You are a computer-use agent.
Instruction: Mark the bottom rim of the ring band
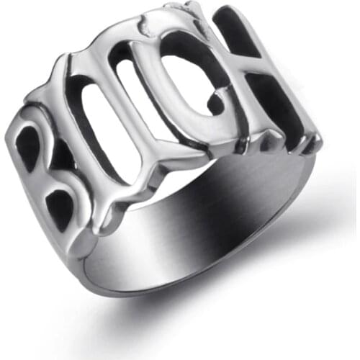point(216,288)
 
